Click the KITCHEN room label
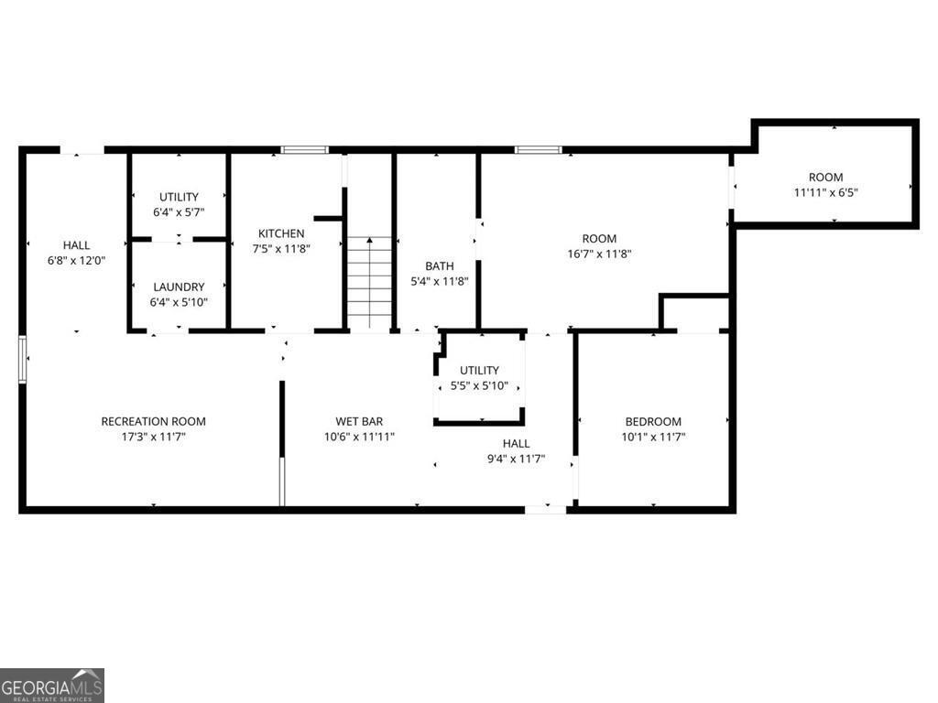pos(280,233)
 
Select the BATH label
pos(440,266)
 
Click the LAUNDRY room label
pos(179,287)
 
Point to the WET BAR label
pos(359,421)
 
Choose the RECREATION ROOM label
pos(153,421)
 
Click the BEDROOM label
pos(653,421)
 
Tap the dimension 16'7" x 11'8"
pos(599,254)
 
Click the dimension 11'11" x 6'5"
pos(825,192)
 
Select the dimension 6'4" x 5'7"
pos(179,212)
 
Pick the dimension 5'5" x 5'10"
pos(479,385)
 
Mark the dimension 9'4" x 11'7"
pos(516,459)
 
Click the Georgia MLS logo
pos(52,685)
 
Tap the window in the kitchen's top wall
pos(304,149)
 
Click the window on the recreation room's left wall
pos(23,358)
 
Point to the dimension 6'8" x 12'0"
pos(76,260)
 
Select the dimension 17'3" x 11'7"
pos(153,437)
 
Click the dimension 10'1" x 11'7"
pos(653,437)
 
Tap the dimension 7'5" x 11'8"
pos(280,248)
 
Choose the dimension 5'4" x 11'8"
pos(440,281)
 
